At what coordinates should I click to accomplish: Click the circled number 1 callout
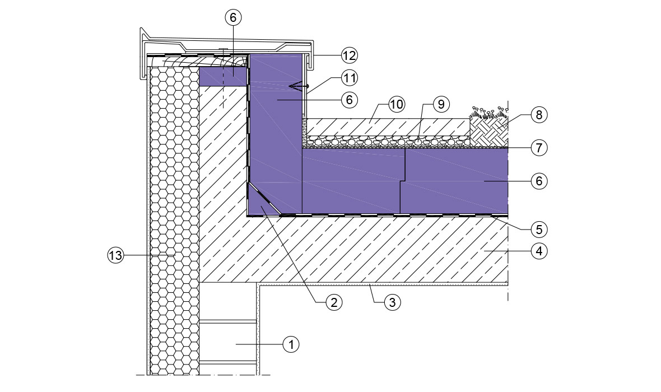pyautogui.click(x=291, y=344)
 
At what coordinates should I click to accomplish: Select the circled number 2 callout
pyautogui.click(x=333, y=302)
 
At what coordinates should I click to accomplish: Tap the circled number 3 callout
pyautogui.click(x=392, y=302)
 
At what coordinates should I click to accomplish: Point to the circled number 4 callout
pyautogui.click(x=539, y=251)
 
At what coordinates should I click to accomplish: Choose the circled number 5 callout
pyautogui.click(x=539, y=229)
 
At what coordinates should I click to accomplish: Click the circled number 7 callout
pyautogui.click(x=539, y=147)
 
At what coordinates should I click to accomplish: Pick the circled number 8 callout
pyautogui.click(x=539, y=114)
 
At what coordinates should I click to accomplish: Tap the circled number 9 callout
pyautogui.click(x=441, y=104)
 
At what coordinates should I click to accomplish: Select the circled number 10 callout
pyautogui.click(x=396, y=104)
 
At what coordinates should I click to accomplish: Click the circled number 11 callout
pyautogui.click(x=349, y=78)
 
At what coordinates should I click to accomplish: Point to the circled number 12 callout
pyautogui.click(x=349, y=55)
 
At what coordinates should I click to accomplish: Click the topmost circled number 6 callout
pyautogui.click(x=233, y=17)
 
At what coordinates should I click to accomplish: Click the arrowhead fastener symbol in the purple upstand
pyautogui.click(x=298, y=86)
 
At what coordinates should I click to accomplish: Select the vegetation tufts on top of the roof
pyautogui.click(x=489, y=113)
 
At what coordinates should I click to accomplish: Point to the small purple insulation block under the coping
pyautogui.click(x=222, y=77)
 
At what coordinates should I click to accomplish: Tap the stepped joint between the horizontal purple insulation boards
pyautogui.click(x=403, y=181)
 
